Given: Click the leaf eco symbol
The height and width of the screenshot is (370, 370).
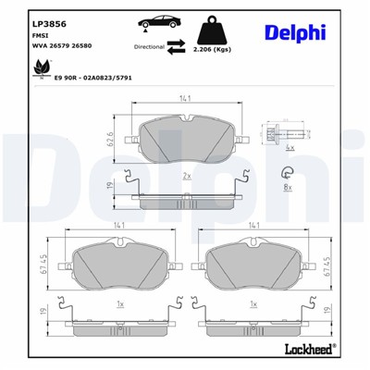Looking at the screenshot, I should (40, 67).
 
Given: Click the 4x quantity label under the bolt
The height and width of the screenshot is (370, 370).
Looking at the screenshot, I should (290, 148).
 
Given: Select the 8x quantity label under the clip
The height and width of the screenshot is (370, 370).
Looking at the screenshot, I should (287, 187).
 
